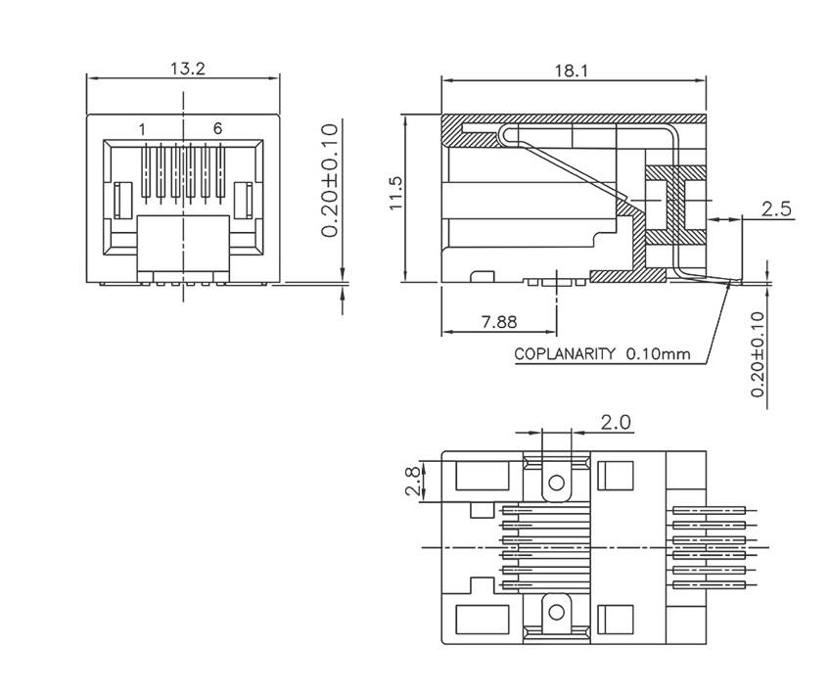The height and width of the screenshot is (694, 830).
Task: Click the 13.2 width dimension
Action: (x=183, y=69)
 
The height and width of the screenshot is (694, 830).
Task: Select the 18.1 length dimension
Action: (x=572, y=70)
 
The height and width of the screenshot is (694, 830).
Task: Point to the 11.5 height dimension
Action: (x=394, y=194)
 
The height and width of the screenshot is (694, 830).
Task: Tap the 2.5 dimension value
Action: (x=775, y=208)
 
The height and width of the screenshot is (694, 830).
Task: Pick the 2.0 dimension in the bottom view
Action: (x=616, y=422)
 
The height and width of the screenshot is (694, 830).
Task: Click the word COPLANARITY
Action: (x=565, y=354)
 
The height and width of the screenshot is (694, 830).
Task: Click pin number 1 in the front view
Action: (x=143, y=129)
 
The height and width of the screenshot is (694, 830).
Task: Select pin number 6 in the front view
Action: (x=217, y=129)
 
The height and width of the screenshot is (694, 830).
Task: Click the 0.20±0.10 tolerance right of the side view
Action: (x=757, y=354)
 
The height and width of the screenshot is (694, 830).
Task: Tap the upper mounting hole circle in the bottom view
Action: (x=557, y=482)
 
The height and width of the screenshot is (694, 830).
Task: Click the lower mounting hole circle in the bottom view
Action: (x=557, y=612)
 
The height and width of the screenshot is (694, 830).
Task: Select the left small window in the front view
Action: (x=123, y=200)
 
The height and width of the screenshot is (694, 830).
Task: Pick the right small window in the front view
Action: (x=244, y=200)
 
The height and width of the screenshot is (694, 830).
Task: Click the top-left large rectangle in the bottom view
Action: (x=480, y=477)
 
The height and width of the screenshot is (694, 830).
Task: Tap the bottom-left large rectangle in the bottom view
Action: (x=480, y=619)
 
